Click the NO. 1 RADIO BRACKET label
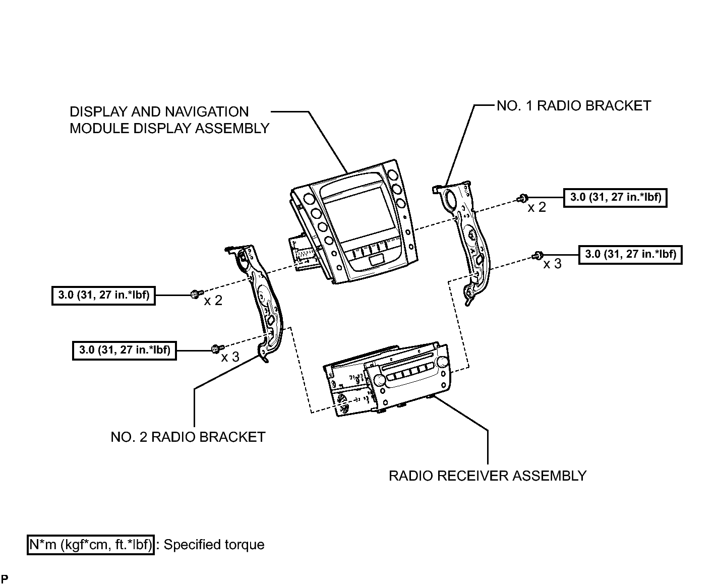[573, 106]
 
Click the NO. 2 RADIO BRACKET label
[188, 437]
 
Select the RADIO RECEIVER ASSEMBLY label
[488, 476]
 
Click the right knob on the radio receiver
[441, 362]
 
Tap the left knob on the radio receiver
[379, 380]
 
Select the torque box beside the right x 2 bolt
[615, 198]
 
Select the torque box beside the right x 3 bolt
[630, 255]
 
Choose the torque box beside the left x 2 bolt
[103, 296]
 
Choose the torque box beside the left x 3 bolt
[125, 350]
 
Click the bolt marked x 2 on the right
[522, 198]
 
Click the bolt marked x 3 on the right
[537, 255]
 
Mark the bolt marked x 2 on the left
[197, 294]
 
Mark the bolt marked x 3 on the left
[217, 348]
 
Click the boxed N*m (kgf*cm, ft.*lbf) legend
[91, 545]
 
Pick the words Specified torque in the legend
[214, 545]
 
